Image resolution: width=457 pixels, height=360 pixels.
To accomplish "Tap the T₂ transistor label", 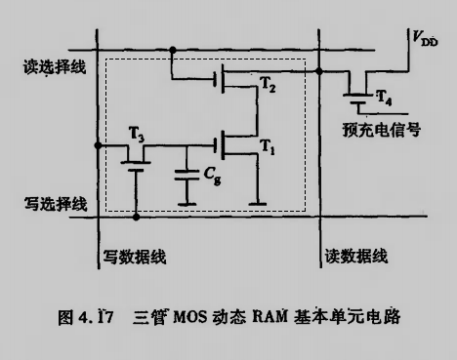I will (267, 87).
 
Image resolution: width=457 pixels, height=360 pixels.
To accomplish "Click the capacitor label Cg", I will (211, 177).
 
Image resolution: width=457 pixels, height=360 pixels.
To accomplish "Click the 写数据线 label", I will (135, 256).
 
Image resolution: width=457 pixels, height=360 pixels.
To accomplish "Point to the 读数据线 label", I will (355, 256).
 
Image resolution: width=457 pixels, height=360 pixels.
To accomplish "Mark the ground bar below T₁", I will (256, 204).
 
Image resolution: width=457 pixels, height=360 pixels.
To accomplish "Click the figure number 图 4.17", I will (87, 317).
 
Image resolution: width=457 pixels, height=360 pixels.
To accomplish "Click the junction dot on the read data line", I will (320, 70).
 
